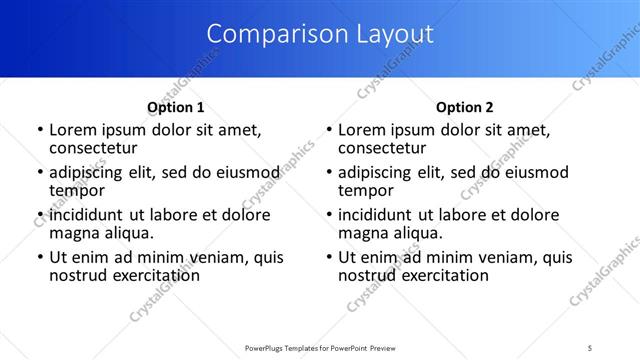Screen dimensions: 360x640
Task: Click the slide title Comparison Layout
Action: tap(320, 34)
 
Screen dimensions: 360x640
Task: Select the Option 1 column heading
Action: tap(175, 107)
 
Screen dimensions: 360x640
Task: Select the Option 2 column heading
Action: tap(465, 107)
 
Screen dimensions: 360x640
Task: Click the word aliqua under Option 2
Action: tap(417, 234)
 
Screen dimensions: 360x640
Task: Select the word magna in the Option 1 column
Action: tap(73, 234)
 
